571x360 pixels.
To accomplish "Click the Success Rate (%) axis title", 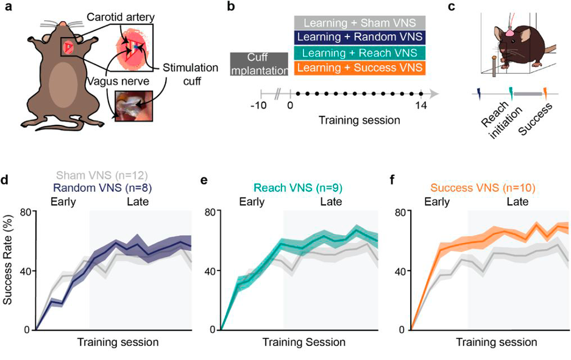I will (x=9, y=270).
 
